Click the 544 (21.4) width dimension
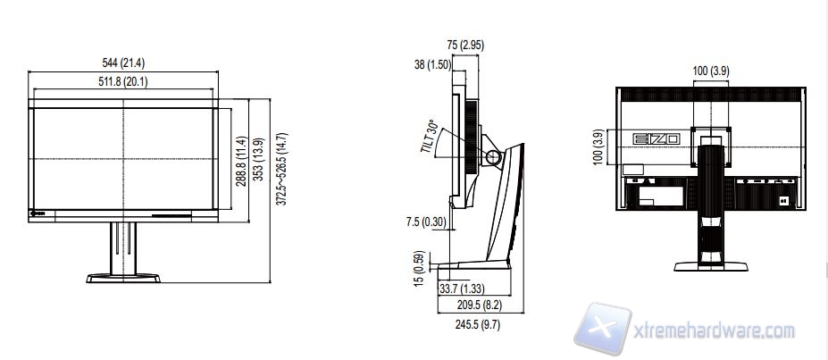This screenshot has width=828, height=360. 123,63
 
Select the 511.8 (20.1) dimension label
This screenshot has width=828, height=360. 123,81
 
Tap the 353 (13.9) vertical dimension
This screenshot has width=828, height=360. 258,161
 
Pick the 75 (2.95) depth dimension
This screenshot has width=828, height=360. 465,45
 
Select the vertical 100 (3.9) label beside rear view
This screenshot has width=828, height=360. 598,147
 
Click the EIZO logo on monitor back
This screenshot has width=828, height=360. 657,139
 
